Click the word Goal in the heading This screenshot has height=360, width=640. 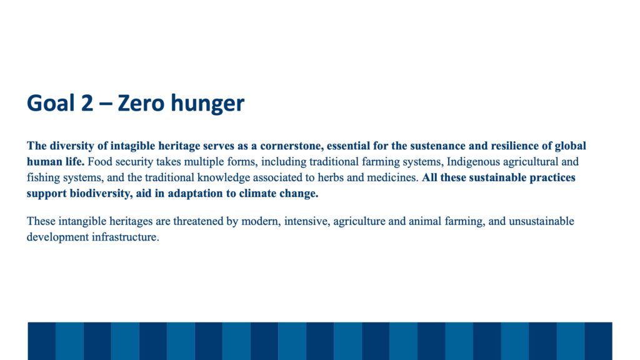click(51, 102)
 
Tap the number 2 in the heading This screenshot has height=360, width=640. click(87, 102)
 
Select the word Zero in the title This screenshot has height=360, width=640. click(141, 102)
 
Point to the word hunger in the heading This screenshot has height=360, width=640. click(207, 104)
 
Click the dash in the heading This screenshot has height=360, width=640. click(106, 104)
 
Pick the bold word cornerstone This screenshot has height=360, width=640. click(291, 146)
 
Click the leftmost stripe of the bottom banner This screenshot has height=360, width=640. click(42, 341)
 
